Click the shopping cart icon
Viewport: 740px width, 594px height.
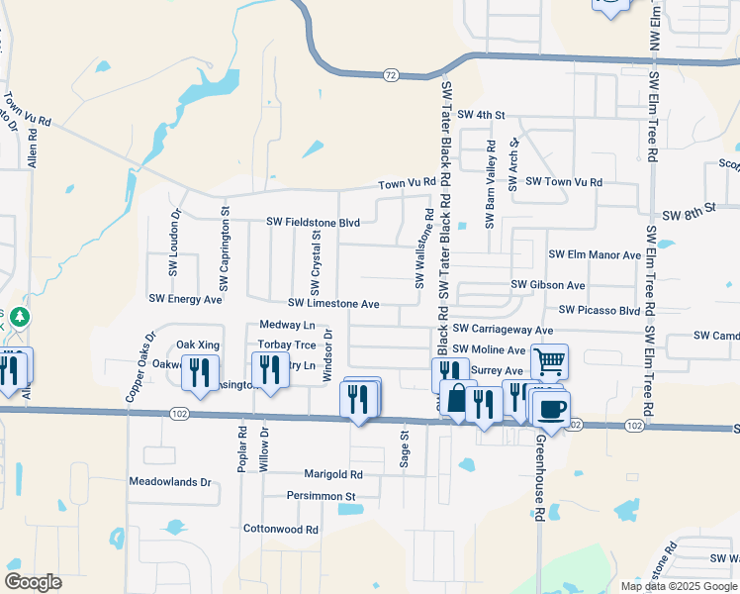[x=549, y=361]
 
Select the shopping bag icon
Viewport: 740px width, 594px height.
[x=458, y=398]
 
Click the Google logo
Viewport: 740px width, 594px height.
[x=33, y=582]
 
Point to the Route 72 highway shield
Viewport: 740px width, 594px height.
[x=391, y=74]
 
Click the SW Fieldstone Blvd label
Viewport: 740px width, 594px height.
[x=314, y=223]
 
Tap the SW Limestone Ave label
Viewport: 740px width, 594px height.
[x=334, y=303]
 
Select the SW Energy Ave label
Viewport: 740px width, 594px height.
[x=185, y=298]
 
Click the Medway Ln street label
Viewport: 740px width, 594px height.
[x=287, y=325]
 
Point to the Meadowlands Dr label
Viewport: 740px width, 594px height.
[x=171, y=482]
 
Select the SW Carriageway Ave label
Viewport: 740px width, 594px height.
[x=503, y=329]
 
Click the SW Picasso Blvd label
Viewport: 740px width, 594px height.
[x=600, y=310]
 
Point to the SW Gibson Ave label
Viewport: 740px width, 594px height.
[x=548, y=285]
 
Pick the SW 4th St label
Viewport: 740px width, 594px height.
[x=482, y=115]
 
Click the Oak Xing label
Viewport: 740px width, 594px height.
[x=198, y=344]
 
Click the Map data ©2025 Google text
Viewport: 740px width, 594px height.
[x=678, y=586]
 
